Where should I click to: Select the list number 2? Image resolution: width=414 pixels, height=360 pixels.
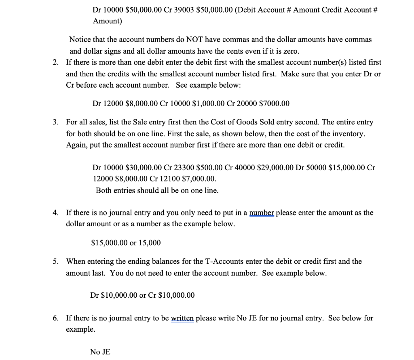(55, 63)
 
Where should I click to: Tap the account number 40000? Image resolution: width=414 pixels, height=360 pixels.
(244, 167)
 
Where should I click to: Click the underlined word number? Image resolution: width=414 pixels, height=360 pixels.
(262, 213)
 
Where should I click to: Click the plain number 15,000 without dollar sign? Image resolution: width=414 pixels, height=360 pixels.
(150, 243)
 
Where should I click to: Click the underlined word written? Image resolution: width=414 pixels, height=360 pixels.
(183, 318)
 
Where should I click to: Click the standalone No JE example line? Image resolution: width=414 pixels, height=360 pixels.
(100, 352)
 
